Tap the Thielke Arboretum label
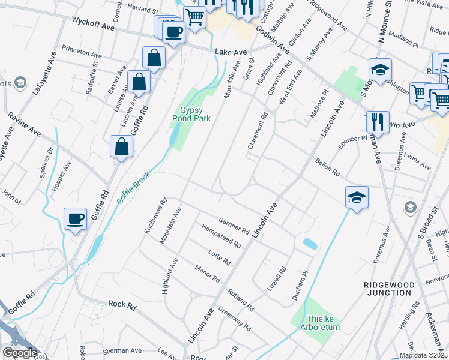pyautogui.click(x=315, y=323)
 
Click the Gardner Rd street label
pyautogui.click(x=234, y=226)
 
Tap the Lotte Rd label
pyautogui.click(x=219, y=257)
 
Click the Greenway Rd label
pyautogui.click(x=234, y=319)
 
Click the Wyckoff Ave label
pyautogui.click(x=92, y=23)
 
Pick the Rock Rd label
pyautogui.click(x=122, y=305)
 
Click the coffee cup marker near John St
pyautogui.click(x=76, y=219)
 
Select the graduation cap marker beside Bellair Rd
pyautogui.click(x=357, y=197)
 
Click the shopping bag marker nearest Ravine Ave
pyautogui.click(x=121, y=147)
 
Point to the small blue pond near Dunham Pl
pyautogui.click(x=310, y=244)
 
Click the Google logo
pyautogui.click(x=20, y=353)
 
